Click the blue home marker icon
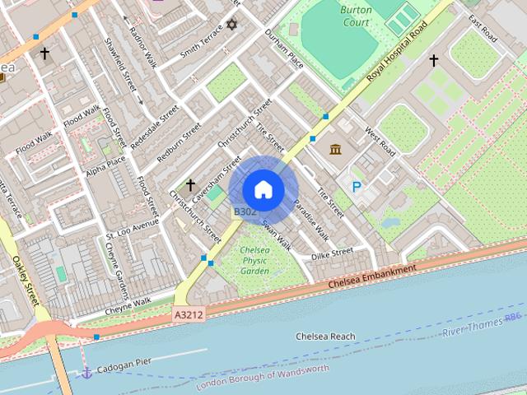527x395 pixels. (x=263, y=190)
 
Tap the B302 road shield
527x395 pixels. (x=245, y=211)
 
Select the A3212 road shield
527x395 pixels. (x=189, y=314)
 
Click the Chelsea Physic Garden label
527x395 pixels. (x=254, y=260)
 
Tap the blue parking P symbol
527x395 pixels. (x=357, y=188)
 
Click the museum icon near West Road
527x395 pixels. (x=336, y=149)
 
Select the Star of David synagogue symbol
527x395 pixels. (x=231, y=24)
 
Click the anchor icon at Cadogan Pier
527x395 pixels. (x=86, y=373)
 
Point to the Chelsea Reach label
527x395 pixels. (x=325, y=337)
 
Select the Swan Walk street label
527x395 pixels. (x=277, y=235)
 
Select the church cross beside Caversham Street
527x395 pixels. (x=190, y=185)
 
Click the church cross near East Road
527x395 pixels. (x=434, y=60)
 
